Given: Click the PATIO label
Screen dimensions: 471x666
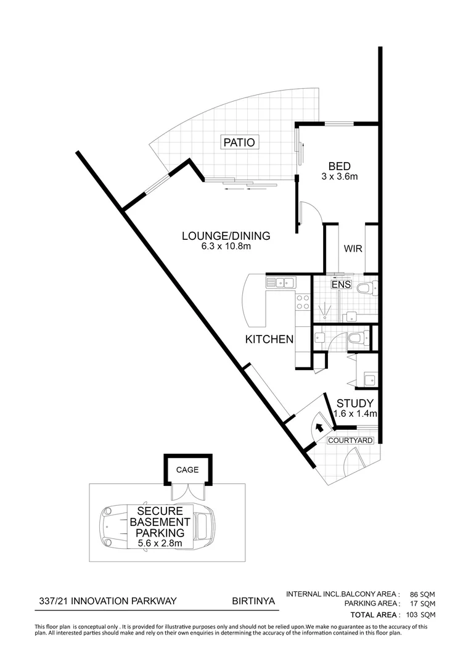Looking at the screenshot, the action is click(239, 142).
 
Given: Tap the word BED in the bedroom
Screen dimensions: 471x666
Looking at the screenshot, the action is click(340, 166).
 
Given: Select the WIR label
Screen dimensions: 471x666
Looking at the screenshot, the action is click(353, 249).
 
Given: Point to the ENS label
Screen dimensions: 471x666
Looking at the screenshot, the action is click(341, 284).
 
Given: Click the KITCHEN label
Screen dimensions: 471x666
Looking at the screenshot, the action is click(269, 339).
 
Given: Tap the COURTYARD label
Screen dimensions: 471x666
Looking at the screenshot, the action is click(350, 440).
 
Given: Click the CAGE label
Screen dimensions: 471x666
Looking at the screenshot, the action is click(187, 469).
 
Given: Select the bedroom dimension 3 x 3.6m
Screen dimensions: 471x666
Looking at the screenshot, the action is click(340, 176).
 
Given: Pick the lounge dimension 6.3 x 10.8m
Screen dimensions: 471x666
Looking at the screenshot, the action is click(226, 246).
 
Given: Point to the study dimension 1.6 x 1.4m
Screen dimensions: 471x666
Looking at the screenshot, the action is click(355, 414).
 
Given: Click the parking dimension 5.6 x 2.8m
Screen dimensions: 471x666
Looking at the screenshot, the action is click(160, 543).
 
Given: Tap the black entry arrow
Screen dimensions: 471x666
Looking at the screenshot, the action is click(319, 427).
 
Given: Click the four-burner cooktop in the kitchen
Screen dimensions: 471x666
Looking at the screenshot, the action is click(303, 302).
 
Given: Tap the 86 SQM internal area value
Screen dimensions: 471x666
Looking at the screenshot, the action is click(423, 594).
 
